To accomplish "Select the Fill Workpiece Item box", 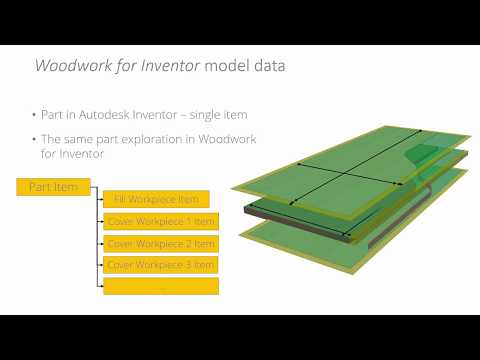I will [156, 199].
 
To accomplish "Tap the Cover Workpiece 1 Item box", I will [161, 221].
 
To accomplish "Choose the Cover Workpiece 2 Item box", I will [161, 243].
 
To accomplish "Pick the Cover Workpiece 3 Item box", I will [161, 264].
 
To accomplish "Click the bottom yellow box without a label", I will [161, 286].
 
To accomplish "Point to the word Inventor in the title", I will [169, 66].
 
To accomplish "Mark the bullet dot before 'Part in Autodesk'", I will [34, 114].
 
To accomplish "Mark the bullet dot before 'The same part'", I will [34, 138].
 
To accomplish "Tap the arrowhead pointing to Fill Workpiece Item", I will [101, 199].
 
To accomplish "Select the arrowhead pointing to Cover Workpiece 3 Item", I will [101, 264].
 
